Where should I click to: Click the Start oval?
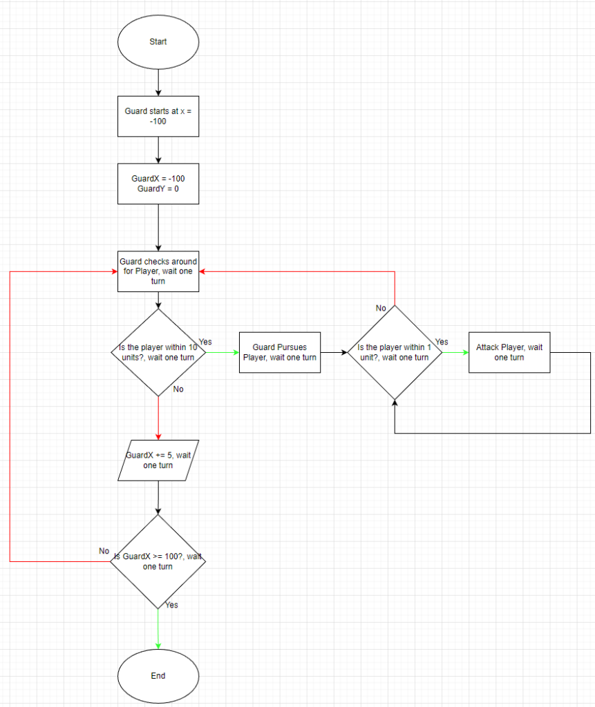158,42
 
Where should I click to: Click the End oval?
158,676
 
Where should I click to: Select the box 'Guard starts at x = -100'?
158,116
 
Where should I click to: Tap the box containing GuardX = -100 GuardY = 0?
158,184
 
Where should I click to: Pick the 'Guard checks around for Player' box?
158,271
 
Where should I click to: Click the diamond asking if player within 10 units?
158,353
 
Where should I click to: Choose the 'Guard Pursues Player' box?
280,352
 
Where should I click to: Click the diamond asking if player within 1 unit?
394,352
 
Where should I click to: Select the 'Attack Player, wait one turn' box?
509,352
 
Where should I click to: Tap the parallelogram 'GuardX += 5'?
158,461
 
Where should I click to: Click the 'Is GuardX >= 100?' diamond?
158,561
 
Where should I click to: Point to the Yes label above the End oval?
171,605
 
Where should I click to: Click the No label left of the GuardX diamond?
104,551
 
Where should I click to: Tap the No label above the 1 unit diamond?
381,308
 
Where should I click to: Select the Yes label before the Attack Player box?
442,342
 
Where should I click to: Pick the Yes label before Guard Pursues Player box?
205,342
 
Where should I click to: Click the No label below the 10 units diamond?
178,389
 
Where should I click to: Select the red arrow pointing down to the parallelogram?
158,418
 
